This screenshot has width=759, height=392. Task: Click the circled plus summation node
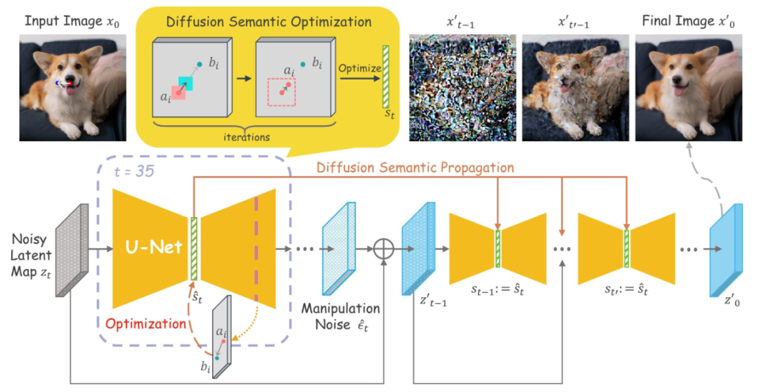tap(383, 248)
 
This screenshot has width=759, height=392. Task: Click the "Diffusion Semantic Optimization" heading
tap(269, 22)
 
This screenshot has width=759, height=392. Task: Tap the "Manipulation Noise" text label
tap(341, 315)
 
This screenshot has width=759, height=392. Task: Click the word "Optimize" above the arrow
tap(359, 68)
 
